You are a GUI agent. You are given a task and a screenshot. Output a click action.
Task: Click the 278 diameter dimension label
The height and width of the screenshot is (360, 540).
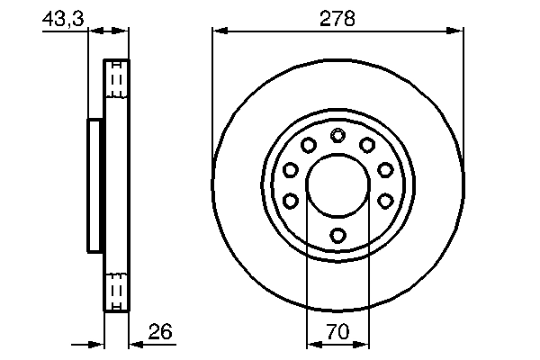pyautogui.click(x=338, y=17)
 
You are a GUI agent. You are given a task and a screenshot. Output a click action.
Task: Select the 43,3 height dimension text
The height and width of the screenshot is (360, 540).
pyautogui.click(x=62, y=17)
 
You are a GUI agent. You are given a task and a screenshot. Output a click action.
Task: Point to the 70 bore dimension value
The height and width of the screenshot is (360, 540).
pyautogui.click(x=338, y=333)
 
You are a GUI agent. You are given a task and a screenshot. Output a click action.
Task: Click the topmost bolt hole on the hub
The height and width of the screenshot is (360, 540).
pyautogui.click(x=338, y=136)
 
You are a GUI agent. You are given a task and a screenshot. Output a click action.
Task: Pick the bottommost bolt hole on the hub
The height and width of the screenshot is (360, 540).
pyautogui.click(x=338, y=236)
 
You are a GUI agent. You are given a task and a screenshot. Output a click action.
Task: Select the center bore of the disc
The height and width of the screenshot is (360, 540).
pyautogui.click(x=338, y=185)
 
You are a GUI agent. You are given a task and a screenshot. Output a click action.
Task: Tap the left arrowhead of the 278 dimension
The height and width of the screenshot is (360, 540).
pyautogui.click(x=220, y=31)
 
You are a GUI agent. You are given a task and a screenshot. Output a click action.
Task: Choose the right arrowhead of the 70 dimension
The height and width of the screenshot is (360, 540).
pyautogui.click(x=364, y=344)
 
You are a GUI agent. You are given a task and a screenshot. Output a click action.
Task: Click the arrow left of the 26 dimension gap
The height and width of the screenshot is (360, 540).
pyautogui.click(x=97, y=344)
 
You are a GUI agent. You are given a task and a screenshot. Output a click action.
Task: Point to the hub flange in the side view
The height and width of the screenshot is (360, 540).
pyautogui.click(x=94, y=185)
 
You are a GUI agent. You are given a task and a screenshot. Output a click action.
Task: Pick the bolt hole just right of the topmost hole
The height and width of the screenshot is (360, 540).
pyautogui.click(x=367, y=145)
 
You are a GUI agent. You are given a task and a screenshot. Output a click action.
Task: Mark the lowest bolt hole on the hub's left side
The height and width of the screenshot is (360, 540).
pyautogui.click(x=291, y=201)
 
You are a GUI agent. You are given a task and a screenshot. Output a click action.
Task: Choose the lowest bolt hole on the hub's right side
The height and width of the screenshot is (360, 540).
pyautogui.click(x=385, y=201)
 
